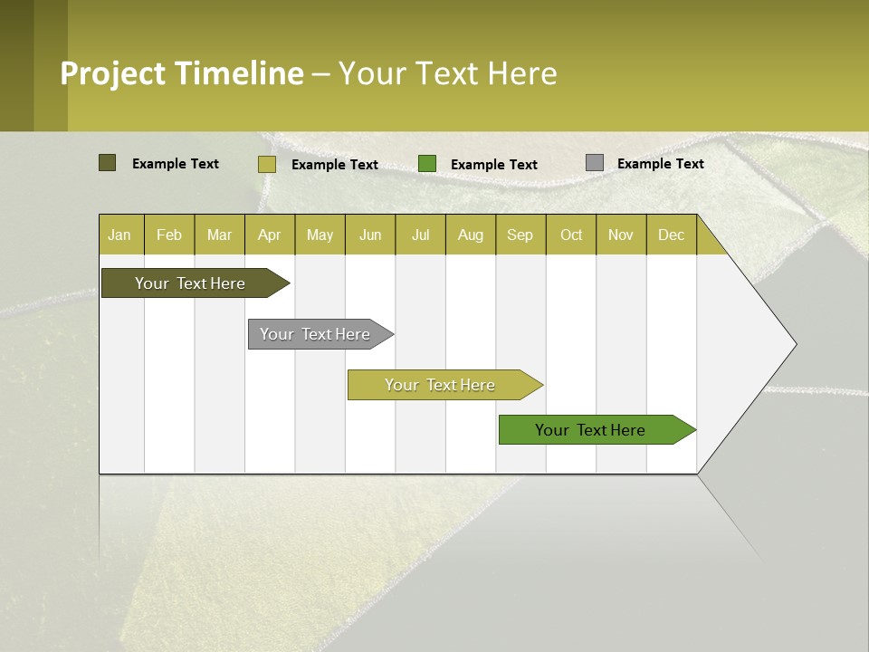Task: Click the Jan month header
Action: (x=120, y=235)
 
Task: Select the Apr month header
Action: (x=270, y=235)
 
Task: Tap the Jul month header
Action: (x=420, y=235)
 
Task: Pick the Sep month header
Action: (x=520, y=235)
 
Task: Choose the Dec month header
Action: (x=671, y=235)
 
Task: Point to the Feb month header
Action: (x=169, y=235)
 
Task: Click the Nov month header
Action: (x=621, y=235)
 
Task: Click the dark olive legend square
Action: (x=107, y=163)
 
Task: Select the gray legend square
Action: (x=594, y=163)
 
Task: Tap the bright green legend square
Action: (x=427, y=164)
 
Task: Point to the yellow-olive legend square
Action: (x=266, y=164)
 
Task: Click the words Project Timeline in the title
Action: (x=181, y=73)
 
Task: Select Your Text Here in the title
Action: (x=447, y=73)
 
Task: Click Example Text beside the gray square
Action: (x=660, y=163)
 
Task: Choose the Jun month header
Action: (x=370, y=235)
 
